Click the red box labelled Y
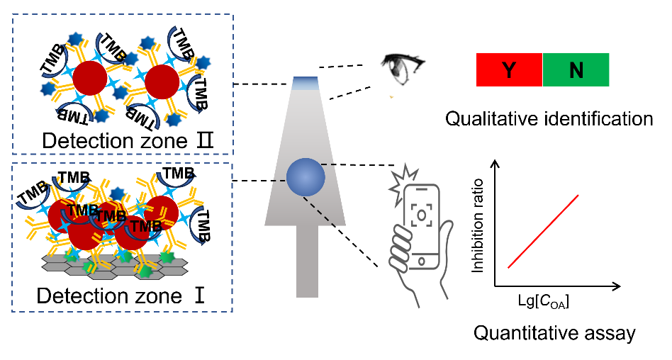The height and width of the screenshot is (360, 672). (x=510, y=70)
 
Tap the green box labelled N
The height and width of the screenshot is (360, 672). (x=576, y=70)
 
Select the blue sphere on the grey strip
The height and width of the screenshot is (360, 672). (x=306, y=177)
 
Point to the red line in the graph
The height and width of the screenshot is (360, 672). (x=544, y=232)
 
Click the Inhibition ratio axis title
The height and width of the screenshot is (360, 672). (x=478, y=226)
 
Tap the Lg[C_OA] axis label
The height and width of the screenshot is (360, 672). (x=544, y=302)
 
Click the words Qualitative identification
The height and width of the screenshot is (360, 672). (x=549, y=118)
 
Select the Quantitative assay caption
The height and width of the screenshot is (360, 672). (x=554, y=333)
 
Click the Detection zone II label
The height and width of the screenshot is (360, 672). (x=128, y=140)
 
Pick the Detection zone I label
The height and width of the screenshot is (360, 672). (x=121, y=296)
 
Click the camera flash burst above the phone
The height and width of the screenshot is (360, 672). (x=403, y=179)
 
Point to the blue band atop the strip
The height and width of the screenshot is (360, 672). (x=306, y=83)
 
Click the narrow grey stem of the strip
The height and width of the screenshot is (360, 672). (x=307, y=261)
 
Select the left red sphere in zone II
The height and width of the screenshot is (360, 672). (x=89, y=78)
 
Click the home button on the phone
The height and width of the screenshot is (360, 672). (x=421, y=261)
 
